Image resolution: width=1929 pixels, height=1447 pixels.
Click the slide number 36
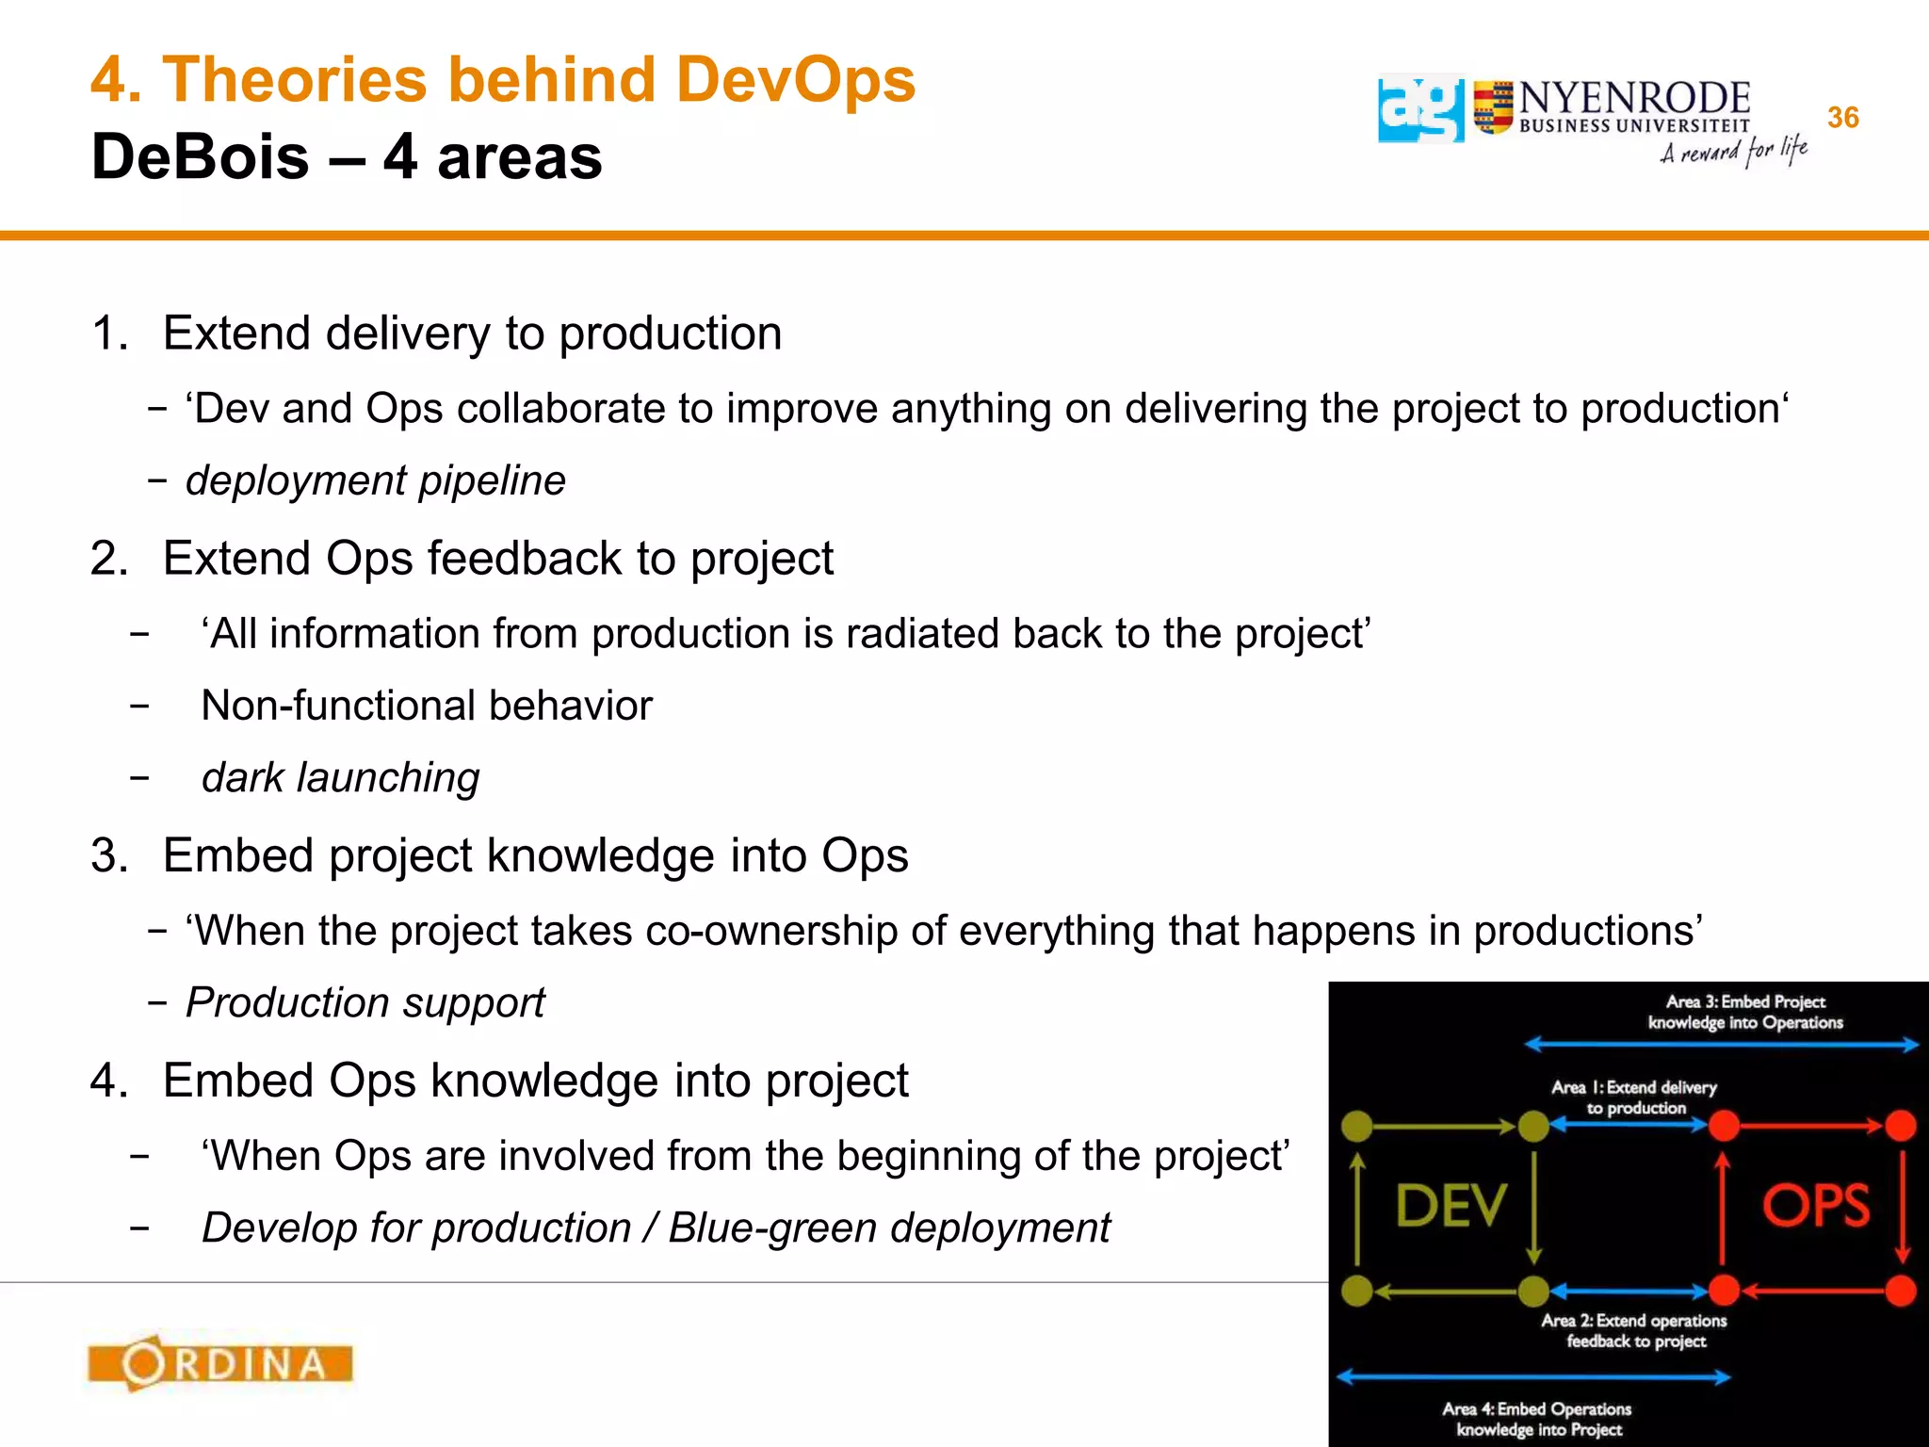coord(1842,118)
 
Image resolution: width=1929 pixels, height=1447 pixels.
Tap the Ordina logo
coord(220,1362)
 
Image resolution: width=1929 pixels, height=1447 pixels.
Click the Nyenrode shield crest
coord(1493,107)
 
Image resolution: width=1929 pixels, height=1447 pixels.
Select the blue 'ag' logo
coord(1420,109)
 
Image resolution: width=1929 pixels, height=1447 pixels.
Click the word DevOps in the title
coord(795,79)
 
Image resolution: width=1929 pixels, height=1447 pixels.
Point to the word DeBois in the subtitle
coord(200,156)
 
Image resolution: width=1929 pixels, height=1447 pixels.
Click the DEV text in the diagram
coord(1451,1206)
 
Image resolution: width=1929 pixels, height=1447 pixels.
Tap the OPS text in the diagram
coord(1815,1206)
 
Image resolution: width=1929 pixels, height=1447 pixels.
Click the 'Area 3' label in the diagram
coord(1744,1012)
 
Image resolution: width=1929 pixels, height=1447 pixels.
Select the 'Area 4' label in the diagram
coord(1537,1419)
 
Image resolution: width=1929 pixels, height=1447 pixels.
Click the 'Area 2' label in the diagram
coord(1634,1330)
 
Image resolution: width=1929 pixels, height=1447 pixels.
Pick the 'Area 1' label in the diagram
coord(1634,1097)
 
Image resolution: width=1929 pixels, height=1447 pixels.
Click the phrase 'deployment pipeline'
coord(376,480)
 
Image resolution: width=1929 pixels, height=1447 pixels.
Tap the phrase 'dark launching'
coord(341,778)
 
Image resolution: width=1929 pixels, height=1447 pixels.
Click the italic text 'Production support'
coord(365,1002)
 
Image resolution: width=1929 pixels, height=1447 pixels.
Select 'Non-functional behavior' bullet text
coord(427,706)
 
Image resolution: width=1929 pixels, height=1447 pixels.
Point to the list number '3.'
coord(108,855)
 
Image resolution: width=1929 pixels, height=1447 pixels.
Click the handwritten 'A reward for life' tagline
coord(1733,151)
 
